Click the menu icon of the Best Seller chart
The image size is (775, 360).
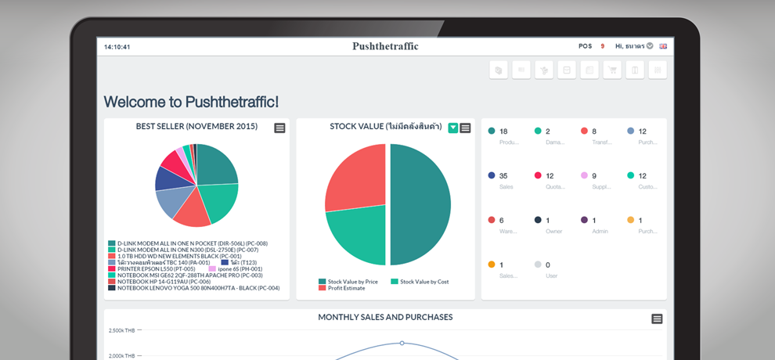[279, 128]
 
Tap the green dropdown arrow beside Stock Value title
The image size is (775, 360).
[453, 128]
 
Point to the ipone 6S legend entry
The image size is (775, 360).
[234, 268]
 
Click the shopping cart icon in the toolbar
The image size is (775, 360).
[611, 70]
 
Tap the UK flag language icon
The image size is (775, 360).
[663, 46]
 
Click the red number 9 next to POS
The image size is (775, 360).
[602, 46]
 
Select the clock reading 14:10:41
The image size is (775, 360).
[117, 47]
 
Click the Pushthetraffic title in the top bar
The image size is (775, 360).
[385, 46]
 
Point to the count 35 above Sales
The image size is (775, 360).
[503, 176]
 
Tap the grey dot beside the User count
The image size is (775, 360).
[537, 265]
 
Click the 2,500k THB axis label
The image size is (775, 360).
[121, 330]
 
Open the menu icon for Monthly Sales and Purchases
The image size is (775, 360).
[657, 319]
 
